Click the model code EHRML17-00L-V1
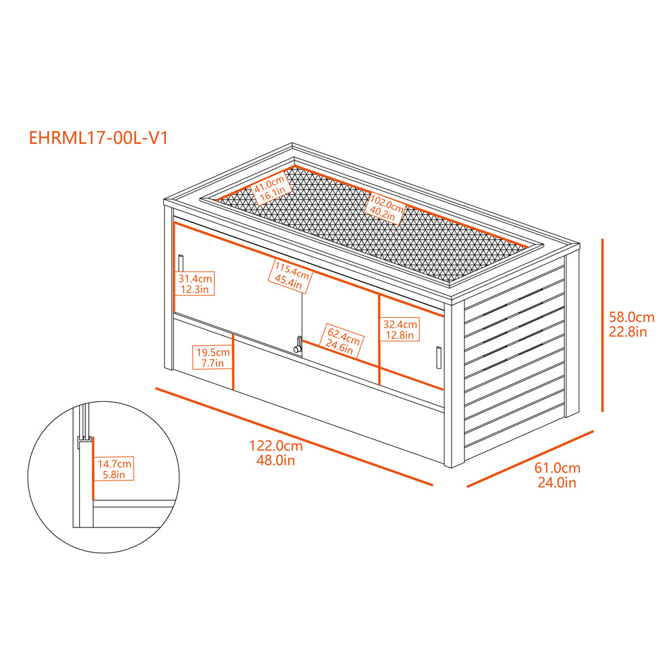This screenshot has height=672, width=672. [x=98, y=138]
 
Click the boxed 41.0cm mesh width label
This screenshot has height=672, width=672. [x=271, y=189]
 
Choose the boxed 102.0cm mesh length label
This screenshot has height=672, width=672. [x=385, y=208]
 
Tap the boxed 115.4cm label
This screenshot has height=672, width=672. [x=290, y=276]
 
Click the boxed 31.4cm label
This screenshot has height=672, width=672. [x=195, y=284]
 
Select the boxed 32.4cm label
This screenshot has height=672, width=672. [x=400, y=329]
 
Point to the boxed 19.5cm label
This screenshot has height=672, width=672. [x=212, y=358]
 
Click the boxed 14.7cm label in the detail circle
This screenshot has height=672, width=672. [x=114, y=469]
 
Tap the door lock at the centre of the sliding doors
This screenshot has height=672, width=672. [x=298, y=345]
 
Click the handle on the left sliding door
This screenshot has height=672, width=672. [x=181, y=263]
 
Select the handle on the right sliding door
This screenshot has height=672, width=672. [x=439, y=358]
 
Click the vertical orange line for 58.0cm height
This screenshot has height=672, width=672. [x=602, y=325]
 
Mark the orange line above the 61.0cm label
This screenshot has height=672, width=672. [x=530, y=459]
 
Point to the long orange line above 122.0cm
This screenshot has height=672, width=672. [x=294, y=437]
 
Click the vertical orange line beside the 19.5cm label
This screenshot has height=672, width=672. [x=233, y=362]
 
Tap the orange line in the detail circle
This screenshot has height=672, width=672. [x=92, y=468]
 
